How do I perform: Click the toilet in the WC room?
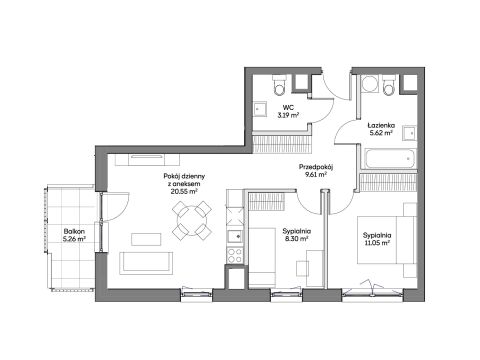pos(279,85)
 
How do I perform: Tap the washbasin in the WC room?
pos(260,109)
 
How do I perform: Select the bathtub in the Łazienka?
pos(390,159)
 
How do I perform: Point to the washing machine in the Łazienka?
pos(370,84)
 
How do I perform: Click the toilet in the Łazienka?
pos(389,85)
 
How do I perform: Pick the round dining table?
pos(192,220)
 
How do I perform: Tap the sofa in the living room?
pos(146,263)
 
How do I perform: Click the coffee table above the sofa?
pos(146,239)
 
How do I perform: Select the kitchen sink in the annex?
pos(235,236)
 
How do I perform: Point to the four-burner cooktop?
pos(235,255)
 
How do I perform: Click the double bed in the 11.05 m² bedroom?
pos(387,240)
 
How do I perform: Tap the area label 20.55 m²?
pos(184,191)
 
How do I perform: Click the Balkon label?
pos(74,231)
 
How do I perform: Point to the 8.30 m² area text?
pos(297,238)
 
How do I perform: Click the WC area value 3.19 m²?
pos(288,115)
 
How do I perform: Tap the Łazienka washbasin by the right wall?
pos(410,133)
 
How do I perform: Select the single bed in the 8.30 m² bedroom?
pos(262,257)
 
